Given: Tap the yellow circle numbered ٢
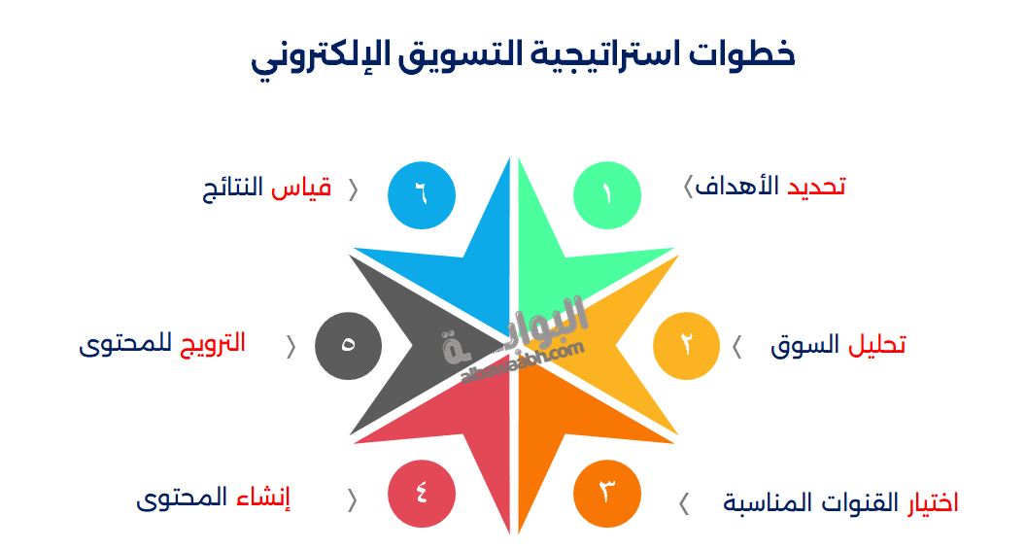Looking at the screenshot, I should pos(686,345).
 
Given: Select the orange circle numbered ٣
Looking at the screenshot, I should pos(607,493).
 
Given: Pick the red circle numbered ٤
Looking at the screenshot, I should pos(421,493).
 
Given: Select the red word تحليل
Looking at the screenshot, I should pos(877,345).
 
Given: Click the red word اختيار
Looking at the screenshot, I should pos(933,502).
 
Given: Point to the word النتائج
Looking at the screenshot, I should pos(233,188).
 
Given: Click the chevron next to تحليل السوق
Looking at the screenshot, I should pos(736,346).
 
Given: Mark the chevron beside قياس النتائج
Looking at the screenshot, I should pos(353,189).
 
